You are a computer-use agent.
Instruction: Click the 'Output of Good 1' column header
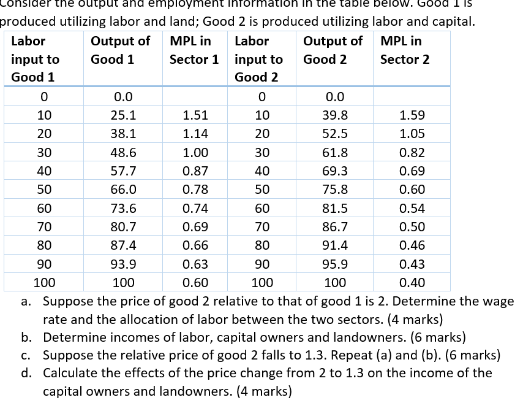[119, 50]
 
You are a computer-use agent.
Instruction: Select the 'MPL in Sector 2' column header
[404, 50]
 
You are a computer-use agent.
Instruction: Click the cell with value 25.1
[122, 115]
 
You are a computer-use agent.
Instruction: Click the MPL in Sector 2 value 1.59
[412, 115]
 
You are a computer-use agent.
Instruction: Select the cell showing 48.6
[122, 153]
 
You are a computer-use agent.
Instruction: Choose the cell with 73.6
[122, 209]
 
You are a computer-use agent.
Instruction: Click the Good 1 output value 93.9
[122, 264]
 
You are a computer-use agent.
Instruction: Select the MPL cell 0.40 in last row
[412, 283]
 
